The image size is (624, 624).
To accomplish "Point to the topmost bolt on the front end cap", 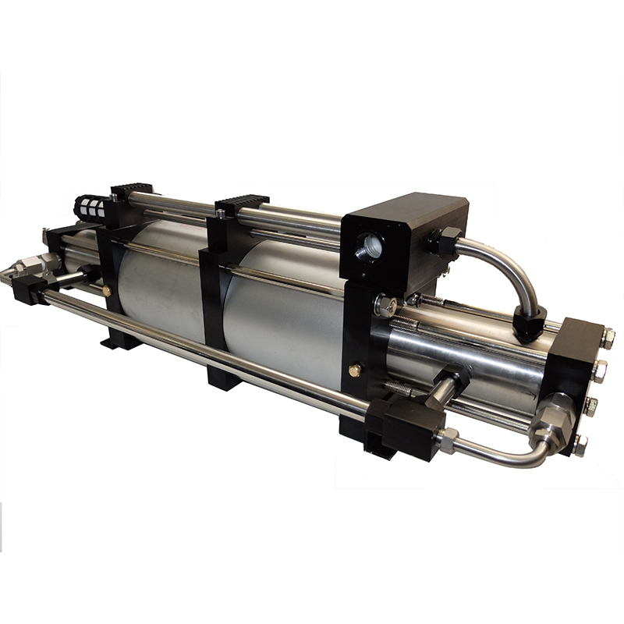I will coord(608,339).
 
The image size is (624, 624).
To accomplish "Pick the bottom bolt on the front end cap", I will coord(580,445).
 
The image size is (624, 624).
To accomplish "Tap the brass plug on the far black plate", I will coord(107,290).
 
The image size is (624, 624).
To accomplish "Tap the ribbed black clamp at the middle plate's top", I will coord(243,204).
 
